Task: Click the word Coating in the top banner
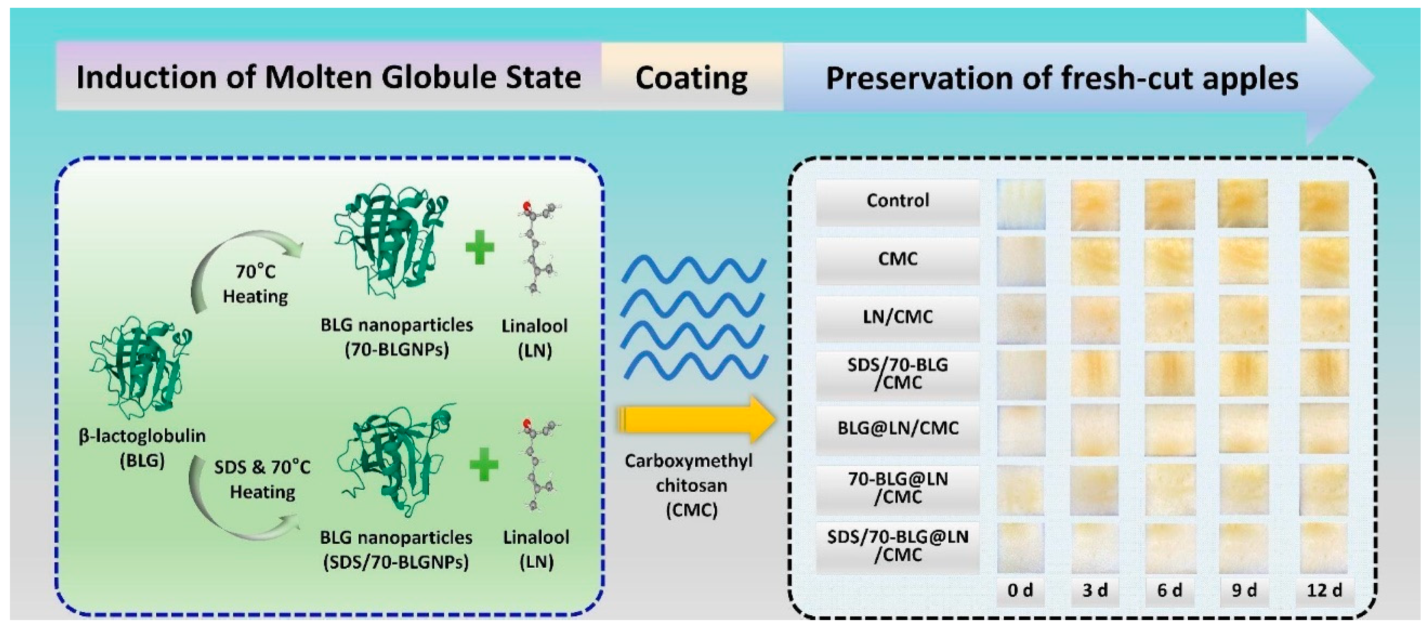[691, 78]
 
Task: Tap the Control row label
[897, 200]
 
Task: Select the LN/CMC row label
[897, 317]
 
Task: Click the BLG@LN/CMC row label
[897, 428]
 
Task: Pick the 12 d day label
[1325, 590]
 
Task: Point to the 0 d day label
[1020, 590]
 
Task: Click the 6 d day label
[1170, 590]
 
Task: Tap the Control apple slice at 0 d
[1021, 204]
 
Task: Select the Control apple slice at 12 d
[1324, 205]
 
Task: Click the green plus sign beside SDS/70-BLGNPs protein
[484, 464]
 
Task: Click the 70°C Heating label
[255, 283]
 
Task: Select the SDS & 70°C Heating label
[262, 479]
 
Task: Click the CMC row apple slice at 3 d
[1095, 262]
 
